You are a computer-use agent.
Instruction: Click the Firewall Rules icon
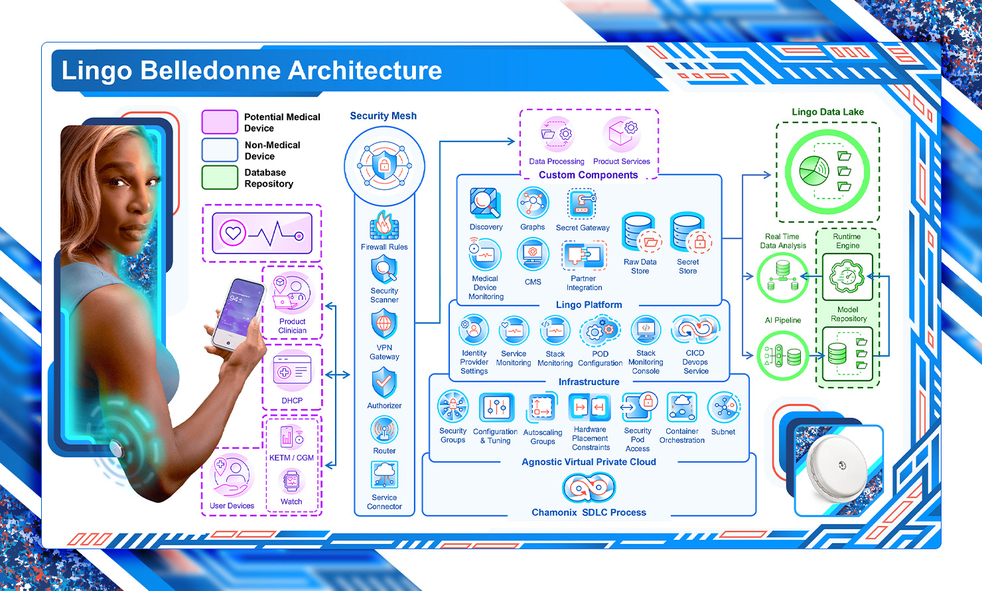pyautogui.click(x=384, y=225)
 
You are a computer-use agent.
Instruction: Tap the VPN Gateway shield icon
pyautogui.click(x=384, y=325)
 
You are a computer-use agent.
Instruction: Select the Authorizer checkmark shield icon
pyautogui.click(x=384, y=382)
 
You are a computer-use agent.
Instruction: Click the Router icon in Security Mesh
pyautogui.click(x=384, y=430)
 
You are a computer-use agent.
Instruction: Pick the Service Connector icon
pyautogui.click(x=384, y=475)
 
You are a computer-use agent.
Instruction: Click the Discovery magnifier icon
pyautogui.click(x=486, y=203)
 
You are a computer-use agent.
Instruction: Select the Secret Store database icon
pyautogui.click(x=688, y=233)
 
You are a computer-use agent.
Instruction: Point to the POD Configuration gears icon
pyautogui.click(x=600, y=331)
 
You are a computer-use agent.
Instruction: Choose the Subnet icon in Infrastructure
pyautogui.click(x=723, y=408)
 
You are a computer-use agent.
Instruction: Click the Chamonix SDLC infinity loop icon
pyautogui.click(x=589, y=488)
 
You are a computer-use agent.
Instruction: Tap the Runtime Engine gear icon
pyautogui.click(x=847, y=276)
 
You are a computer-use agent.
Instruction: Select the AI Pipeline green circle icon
pyautogui.click(x=783, y=356)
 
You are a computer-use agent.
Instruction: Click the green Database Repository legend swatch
pyautogui.click(x=220, y=178)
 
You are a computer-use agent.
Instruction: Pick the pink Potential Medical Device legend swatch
pyautogui.click(x=220, y=122)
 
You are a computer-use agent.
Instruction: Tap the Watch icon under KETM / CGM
pyautogui.click(x=291, y=481)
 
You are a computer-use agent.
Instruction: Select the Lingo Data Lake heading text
pyautogui.click(x=827, y=112)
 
